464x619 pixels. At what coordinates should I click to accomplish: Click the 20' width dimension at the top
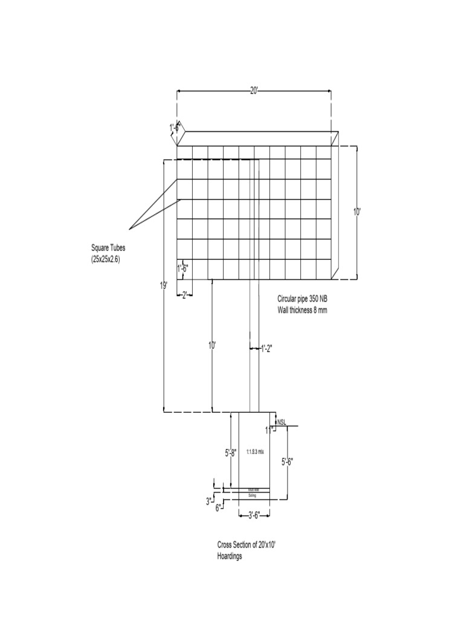pyautogui.click(x=254, y=91)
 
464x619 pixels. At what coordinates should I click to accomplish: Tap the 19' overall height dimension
pyautogui.click(x=164, y=285)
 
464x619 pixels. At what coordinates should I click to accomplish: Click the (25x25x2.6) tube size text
pyautogui.click(x=109, y=259)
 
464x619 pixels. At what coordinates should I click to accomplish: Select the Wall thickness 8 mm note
pyautogui.click(x=302, y=310)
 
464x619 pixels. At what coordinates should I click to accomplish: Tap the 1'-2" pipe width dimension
pyautogui.click(x=266, y=348)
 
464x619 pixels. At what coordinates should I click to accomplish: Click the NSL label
pyautogui.click(x=282, y=421)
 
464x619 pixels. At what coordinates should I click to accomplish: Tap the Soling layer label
pyautogui.click(x=253, y=495)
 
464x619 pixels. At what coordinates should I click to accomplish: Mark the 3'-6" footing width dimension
pyautogui.click(x=253, y=516)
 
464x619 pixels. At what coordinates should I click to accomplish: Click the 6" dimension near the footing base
pyautogui.click(x=218, y=508)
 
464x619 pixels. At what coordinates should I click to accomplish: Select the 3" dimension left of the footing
pyautogui.click(x=208, y=501)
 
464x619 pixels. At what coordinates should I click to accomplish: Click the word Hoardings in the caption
pyautogui.click(x=230, y=557)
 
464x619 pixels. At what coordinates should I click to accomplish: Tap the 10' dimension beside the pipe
pyautogui.click(x=212, y=346)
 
